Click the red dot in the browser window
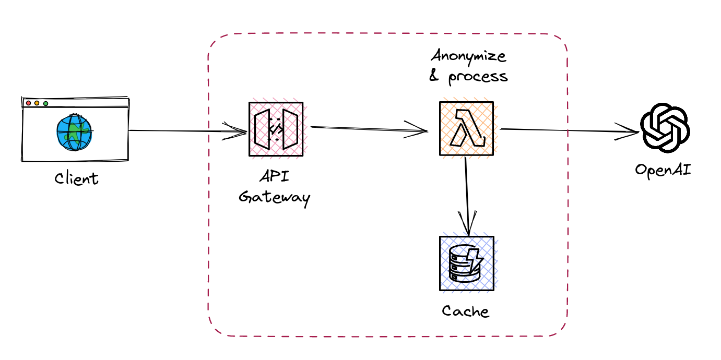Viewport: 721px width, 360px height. (28, 103)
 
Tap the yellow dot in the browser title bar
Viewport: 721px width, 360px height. (37, 103)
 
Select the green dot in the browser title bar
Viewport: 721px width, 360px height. (46, 104)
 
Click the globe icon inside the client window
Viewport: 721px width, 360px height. (74, 132)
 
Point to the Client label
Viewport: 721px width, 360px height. (76, 178)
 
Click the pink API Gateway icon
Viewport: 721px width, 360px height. (276, 129)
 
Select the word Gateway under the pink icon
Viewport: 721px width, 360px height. (275, 197)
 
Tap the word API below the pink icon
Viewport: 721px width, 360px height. (275, 176)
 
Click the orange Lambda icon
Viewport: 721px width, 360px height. (466, 129)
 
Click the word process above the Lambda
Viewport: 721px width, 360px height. (478, 77)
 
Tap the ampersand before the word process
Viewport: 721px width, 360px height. (434, 76)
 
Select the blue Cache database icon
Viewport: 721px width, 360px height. (467, 263)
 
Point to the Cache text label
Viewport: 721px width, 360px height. (465, 311)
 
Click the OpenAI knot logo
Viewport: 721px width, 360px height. (665, 128)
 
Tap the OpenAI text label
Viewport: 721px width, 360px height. (663, 171)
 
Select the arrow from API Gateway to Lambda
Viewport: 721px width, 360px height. (369, 129)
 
